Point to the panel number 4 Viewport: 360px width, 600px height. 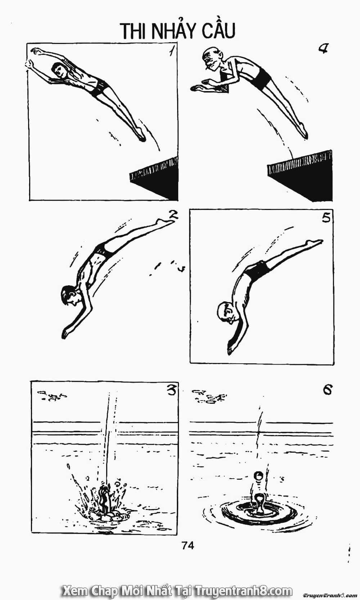click(x=323, y=48)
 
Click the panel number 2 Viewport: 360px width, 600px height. click(x=173, y=215)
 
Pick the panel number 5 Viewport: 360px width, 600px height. click(x=327, y=218)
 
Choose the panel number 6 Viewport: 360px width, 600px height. click(x=327, y=389)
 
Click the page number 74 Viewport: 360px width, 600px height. click(x=188, y=545)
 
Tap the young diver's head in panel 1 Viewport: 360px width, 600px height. click(x=59, y=71)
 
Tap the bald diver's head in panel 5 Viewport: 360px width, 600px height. click(x=226, y=312)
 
